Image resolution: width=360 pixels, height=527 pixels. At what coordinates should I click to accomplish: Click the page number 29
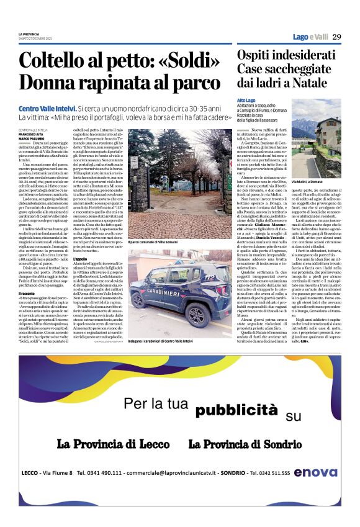point(336,37)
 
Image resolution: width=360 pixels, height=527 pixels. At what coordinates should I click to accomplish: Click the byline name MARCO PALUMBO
point(32,138)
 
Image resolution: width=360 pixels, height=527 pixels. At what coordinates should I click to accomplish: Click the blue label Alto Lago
point(246,100)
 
